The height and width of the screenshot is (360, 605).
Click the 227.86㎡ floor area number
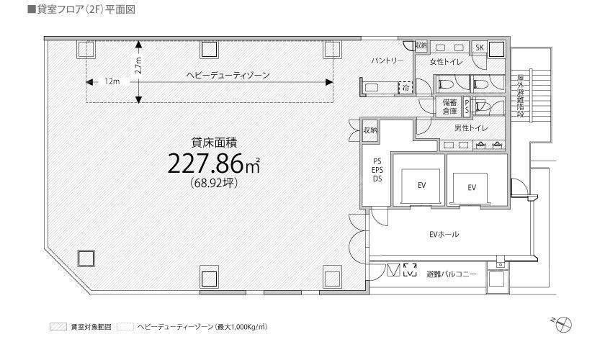tap(213, 163)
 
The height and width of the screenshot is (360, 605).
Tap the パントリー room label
tap(387, 61)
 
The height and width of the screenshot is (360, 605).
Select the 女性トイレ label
tap(446, 62)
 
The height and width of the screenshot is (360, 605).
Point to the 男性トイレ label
tap(471, 128)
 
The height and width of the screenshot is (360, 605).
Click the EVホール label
tap(444, 234)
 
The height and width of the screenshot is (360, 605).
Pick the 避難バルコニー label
tap(452, 274)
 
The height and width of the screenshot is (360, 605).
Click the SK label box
tap(480, 48)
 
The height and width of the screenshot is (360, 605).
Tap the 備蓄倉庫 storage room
tap(449, 107)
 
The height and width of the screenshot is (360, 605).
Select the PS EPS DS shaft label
tap(377, 170)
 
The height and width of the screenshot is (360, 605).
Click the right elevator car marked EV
tap(471, 188)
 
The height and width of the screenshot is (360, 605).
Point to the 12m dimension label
tap(112, 82)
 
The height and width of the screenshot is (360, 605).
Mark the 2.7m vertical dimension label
tap(138, 66)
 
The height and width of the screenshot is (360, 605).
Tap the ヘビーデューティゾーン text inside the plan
tap(228, 76)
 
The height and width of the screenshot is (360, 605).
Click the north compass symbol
tap(563, 323)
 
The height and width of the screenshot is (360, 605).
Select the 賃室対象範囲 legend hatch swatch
tap(58, 327)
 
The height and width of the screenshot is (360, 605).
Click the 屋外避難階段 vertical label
tap(520, 96)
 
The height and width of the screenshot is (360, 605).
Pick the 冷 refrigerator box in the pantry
tap(405, 88)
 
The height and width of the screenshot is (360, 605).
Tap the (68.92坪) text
tap(214, 183)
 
